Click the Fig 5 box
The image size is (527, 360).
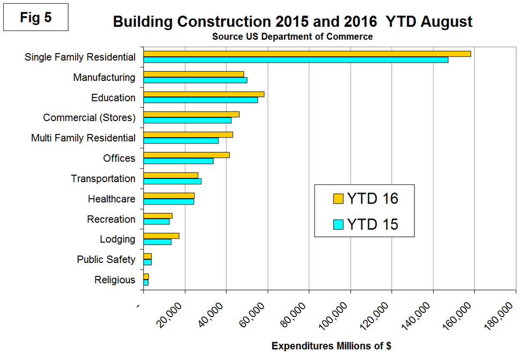point(36,17)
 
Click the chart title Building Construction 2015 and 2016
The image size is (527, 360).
point(293,22)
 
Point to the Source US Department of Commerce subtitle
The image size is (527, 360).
point(292,36)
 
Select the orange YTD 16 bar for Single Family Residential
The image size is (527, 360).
point(307,54)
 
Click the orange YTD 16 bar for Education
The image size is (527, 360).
point(204,94)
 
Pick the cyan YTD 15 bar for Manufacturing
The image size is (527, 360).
point(195,80)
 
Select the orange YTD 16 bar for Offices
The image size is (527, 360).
point(187,155)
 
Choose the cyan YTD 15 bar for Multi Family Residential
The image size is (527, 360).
point(181,140)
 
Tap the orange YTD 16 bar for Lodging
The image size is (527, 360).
point(161,236)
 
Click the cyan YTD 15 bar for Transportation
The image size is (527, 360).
point(172,181)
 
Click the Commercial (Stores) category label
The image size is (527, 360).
point(89,117)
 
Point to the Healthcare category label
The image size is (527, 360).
point(112,199)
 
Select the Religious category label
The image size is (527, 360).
point(115,280)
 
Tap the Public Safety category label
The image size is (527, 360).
point(106,259)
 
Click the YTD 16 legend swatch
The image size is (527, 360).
point(338,199)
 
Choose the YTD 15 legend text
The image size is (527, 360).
point(373,224)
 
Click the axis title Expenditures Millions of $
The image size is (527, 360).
point(331,346)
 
